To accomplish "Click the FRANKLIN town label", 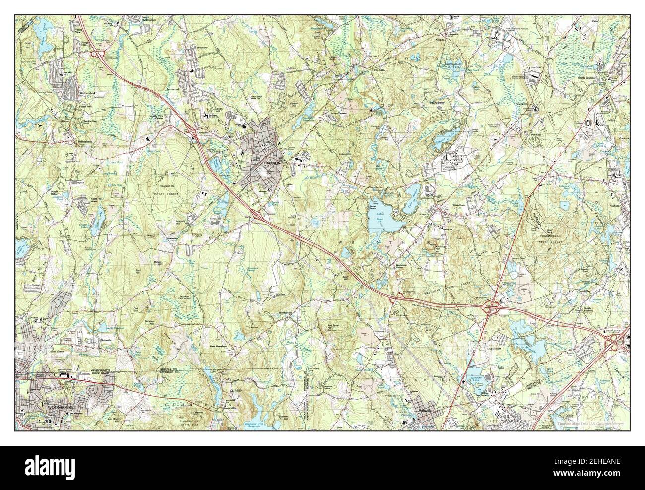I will coord(272,161).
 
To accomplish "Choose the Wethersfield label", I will coord(64,92).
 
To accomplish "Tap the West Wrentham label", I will coord(218,345).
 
